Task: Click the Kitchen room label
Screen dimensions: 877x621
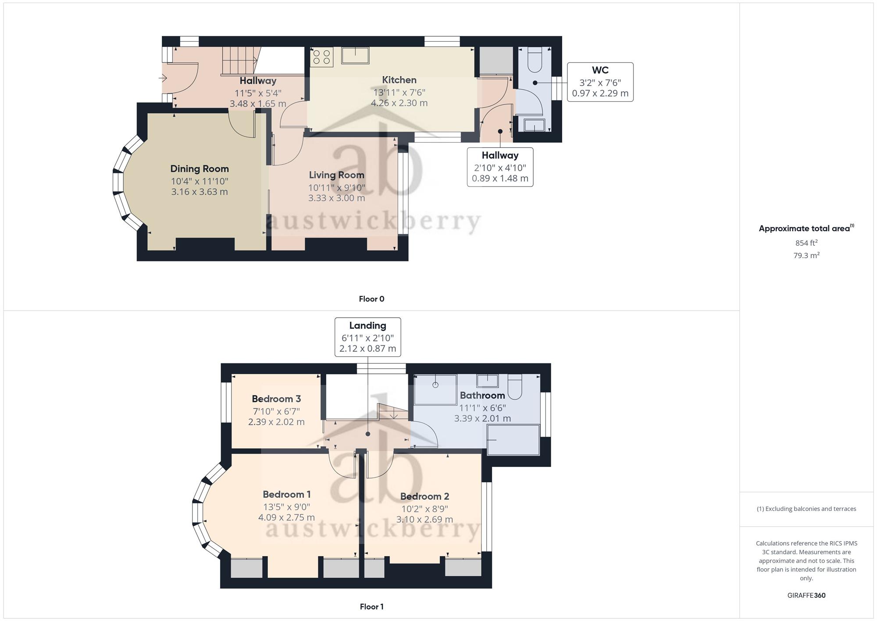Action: click(399, 80)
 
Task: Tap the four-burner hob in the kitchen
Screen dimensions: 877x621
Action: click(322, 57)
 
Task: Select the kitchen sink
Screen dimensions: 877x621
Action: click(355, 56)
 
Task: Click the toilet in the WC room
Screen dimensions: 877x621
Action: click(535, 60)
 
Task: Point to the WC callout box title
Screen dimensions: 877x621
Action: click(600, 70)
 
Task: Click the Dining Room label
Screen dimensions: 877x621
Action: click(200, 169)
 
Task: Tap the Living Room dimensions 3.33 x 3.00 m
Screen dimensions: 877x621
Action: click(336, 198)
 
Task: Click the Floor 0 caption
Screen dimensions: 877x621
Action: click(371, 299)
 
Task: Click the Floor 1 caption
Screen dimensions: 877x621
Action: click(371, 607)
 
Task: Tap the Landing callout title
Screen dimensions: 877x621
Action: click(367, 326)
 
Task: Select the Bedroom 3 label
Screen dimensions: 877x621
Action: click(276, 399)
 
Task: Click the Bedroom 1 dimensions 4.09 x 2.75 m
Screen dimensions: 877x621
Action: click(286, 517)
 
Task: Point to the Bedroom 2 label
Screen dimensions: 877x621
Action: click(424, 496)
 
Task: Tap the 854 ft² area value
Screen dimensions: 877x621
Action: click(806, 243)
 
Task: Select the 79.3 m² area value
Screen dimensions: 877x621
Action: click(806, 255)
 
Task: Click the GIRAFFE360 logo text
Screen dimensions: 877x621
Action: click(806, 596)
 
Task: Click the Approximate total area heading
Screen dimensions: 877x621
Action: click(806, 228)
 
